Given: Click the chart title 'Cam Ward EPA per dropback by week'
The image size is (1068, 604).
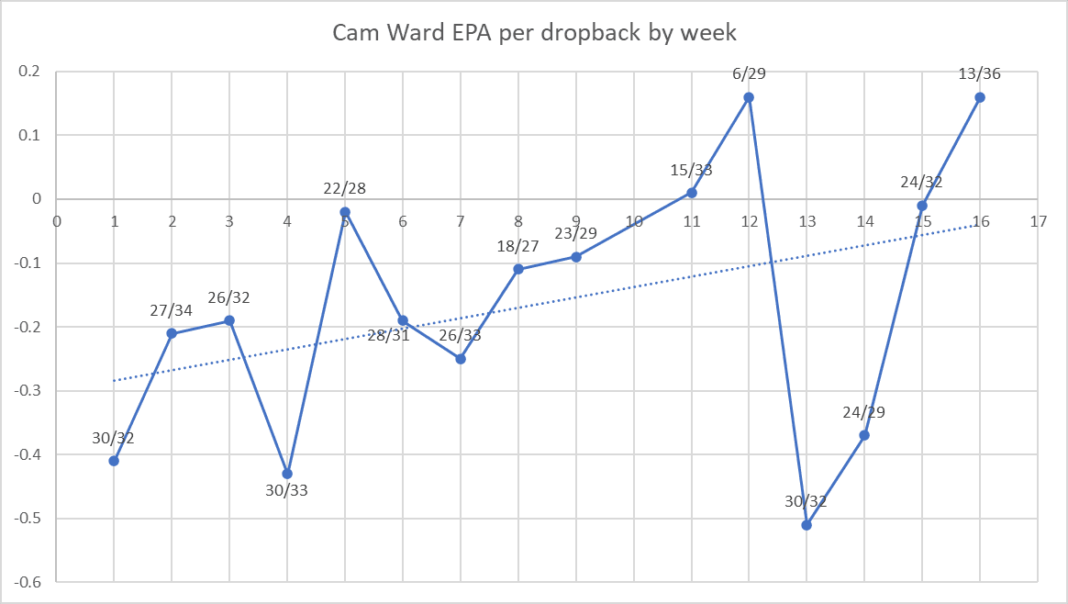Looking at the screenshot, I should click(534, 33).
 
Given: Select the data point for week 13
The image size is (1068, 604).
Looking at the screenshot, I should click(807, 525).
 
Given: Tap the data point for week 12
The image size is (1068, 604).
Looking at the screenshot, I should click(749, 97).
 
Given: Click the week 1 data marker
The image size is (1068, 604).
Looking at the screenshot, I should click(114, 461).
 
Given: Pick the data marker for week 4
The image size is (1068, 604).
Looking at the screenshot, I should click(287, 474).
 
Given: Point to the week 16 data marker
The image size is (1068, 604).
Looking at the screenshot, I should click(980, 97).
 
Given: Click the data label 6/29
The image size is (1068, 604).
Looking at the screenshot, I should click(749, 74).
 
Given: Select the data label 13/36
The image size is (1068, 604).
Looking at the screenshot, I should click(980, 74).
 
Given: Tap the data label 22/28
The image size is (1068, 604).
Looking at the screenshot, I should click(345, 188).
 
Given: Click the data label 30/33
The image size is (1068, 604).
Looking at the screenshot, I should click(287, 491).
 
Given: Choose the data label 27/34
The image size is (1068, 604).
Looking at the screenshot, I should click(172, 310).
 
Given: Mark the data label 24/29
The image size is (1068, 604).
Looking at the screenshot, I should click(864, 412).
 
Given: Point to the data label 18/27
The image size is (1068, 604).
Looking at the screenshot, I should click(518, 246).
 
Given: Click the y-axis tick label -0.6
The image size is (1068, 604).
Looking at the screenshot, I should click(31, 583).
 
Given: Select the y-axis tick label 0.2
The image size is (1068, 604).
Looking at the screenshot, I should click(35, 72).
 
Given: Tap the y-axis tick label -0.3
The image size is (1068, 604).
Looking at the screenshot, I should click(31, 391).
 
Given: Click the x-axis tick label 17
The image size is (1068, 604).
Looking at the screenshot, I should click(1038, 221).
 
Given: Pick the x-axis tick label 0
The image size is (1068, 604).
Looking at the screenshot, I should click(57, 221).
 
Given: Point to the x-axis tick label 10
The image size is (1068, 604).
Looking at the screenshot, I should click(634, 221).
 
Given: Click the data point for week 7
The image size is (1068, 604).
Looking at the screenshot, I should click(461, 359).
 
